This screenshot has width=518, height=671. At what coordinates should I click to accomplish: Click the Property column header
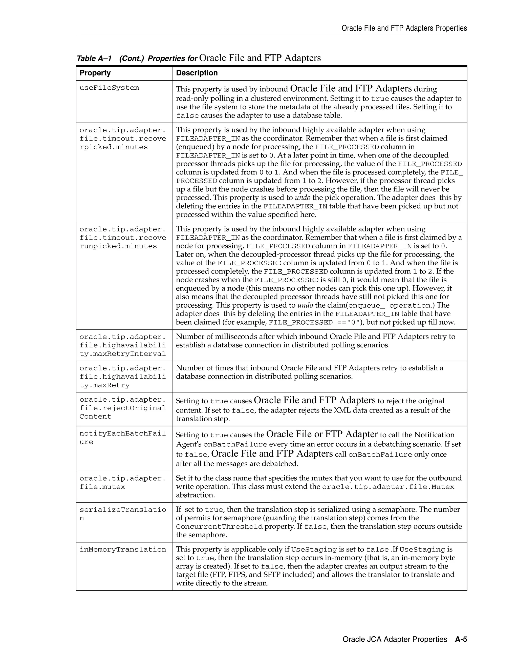[95, 73]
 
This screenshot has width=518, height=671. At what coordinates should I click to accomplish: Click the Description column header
[197, 73]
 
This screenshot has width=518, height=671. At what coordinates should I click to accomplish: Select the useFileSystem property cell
[109, 88]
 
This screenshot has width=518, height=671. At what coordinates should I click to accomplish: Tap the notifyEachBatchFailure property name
[122, 438]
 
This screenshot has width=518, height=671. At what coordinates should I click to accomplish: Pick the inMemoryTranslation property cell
[123, 550]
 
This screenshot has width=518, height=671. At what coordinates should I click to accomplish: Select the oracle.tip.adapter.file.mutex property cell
[122, 483]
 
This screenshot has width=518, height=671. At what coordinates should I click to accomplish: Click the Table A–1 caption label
[94, 58]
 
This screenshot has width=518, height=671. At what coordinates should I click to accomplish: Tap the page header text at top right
[404, 28]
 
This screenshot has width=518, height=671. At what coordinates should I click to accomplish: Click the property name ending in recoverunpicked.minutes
[122, 238]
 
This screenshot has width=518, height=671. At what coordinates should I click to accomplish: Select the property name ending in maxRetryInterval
[122, 345]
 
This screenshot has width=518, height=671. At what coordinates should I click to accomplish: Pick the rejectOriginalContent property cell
[122, 408]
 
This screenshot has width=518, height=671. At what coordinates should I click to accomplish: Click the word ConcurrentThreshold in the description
[219, 527]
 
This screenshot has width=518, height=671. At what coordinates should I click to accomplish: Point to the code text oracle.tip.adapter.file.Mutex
[388, 487]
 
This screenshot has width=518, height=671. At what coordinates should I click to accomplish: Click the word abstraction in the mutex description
[195, 495]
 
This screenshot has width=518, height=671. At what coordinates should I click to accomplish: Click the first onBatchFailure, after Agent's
[235, 445]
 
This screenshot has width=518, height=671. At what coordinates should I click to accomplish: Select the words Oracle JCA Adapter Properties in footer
[395, 639]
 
